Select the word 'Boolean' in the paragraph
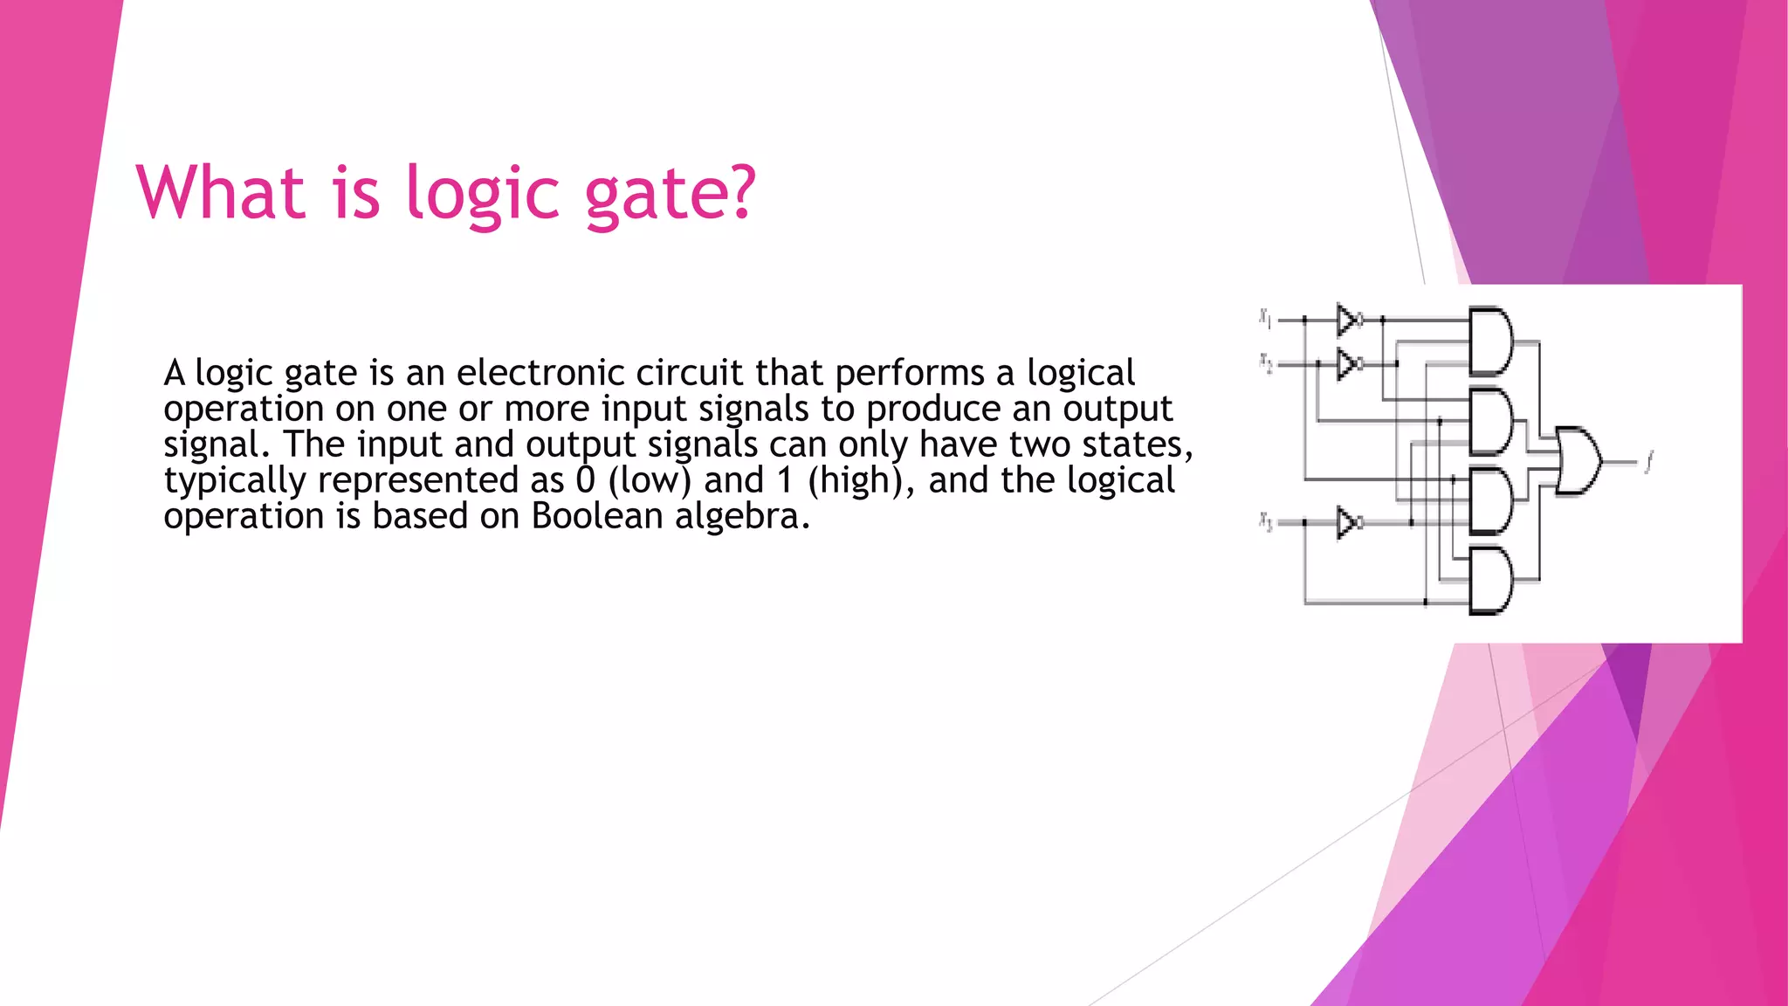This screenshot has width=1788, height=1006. click(597, 516)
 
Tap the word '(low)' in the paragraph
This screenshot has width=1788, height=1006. click(650, 481)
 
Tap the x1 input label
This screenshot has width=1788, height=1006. click(1265, 318)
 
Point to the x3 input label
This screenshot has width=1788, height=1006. click(1265, 521)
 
